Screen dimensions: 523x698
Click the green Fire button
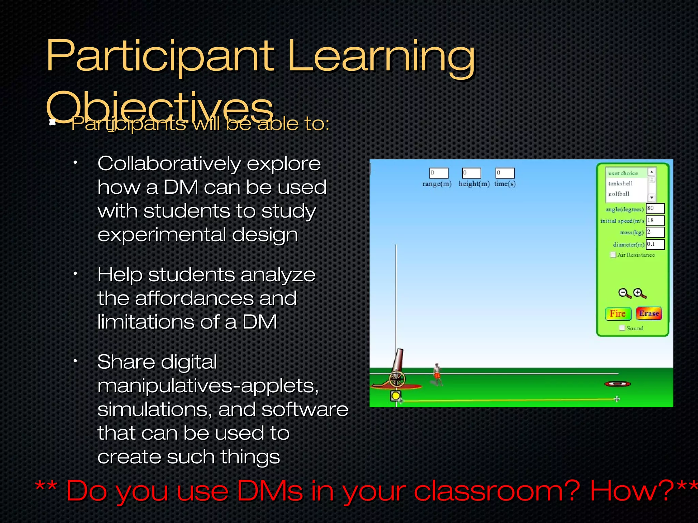tap(618, 314)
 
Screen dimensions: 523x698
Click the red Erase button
tap(649, 314)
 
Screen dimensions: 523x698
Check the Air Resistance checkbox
tap(613, 255)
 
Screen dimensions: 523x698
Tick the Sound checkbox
tap(622, 328)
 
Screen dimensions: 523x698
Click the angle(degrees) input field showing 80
tap(655, 208)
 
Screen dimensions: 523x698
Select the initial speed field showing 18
tap(655, 220)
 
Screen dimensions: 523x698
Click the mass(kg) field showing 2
tap(655, 232)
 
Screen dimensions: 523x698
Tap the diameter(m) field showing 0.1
tap(655, 244)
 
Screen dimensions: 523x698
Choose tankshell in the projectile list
tap(620, 184)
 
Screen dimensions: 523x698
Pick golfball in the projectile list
tap(619, 194)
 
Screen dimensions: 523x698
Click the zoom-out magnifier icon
tap(624, 293)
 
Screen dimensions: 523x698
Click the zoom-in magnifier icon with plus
tap(639, 293)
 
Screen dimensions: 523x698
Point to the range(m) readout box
tap(439, 173)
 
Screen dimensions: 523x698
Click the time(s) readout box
tap(505, 173)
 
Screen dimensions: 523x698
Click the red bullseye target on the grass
tap(617, 384)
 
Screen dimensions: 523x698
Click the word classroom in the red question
tap(497, 491)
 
